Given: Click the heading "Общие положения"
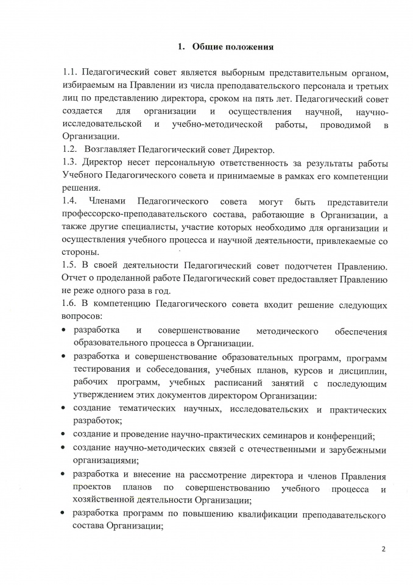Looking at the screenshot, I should click(x=233, y=46).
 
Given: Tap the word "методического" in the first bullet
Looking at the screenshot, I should click(x=289, y=331).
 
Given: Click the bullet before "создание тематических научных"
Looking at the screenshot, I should click(x=65, y=407).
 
